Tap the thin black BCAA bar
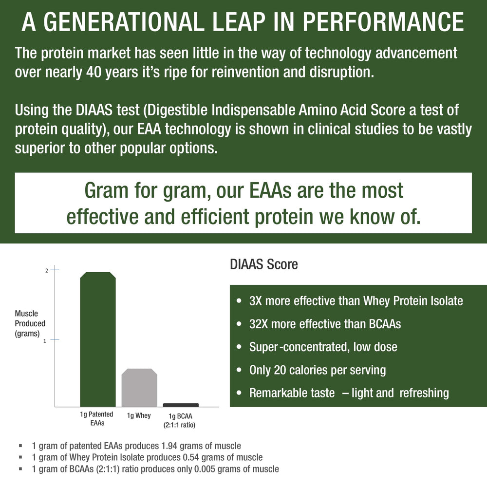click(181, 405)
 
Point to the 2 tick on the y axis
click(46, 270)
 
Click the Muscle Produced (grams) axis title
click(30, 323)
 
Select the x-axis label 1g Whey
click(139, 415)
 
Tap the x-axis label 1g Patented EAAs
click(96, 419)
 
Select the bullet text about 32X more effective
click(325, 324)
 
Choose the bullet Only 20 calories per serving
click(317, 370)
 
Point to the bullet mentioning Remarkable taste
click(349, 393)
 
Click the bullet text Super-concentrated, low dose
click(323, 347)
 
